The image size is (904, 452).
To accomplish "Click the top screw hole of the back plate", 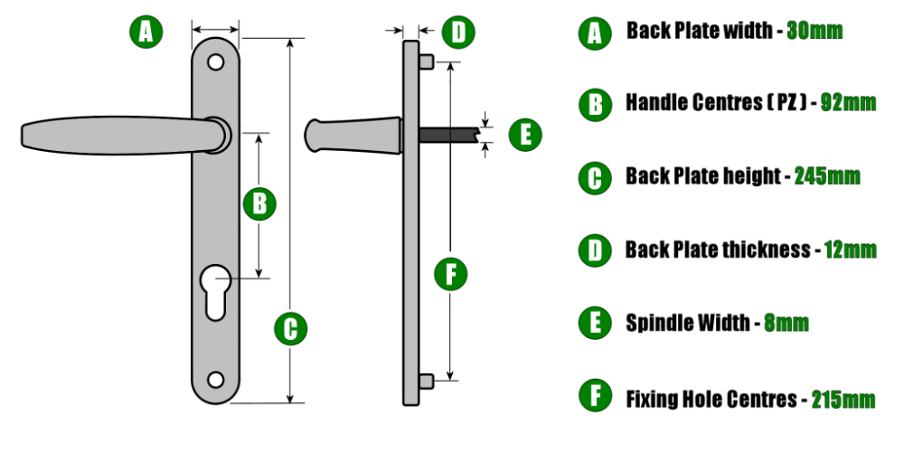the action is coord(216,62).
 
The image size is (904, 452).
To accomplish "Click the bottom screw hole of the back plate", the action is coord(216,380).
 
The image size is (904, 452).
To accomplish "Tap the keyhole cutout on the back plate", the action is coord(215,292).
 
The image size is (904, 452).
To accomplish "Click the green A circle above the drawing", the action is coord(146,32).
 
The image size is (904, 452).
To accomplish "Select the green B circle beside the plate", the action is coord(259,204).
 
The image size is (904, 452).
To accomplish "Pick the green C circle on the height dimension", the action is coord(290,329).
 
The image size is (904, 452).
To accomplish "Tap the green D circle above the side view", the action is coord(458,33).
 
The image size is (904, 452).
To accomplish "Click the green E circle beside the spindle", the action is coord(525,136).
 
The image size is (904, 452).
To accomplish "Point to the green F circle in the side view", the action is coord(450,275).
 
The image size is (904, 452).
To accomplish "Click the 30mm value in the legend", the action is coord(815,31).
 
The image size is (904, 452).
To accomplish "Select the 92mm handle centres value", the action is coord(848,103).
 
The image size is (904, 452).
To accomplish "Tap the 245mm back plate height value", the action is coord(827,176).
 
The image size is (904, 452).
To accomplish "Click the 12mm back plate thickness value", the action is coord(851,250).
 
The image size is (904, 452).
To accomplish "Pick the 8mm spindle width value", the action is coord(786,323).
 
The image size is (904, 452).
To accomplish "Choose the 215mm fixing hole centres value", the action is coord(843,399).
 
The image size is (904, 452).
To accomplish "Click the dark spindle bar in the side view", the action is coord(448,135).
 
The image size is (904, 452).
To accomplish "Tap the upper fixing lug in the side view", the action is coord(426,61).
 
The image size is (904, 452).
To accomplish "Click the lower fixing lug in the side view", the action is coord(426,381).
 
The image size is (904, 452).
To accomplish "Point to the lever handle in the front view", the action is coord(124,136).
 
